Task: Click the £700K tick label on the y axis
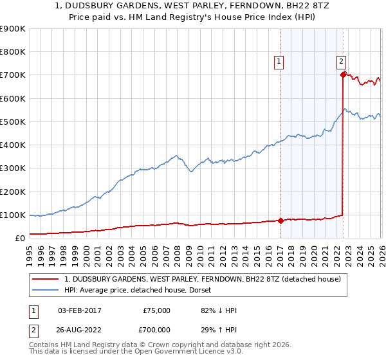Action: [x=12, y=75]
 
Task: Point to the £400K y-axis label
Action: [x=12, y=145]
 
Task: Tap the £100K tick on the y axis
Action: [x=12, y=215]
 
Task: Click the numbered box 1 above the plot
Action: [x=279, y=62]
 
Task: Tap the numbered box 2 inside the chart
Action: [x=340, y=62]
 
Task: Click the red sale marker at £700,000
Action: [x=344, y=75]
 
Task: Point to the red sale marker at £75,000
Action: [x=280, y=221]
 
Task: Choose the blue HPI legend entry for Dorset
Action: [x=142, y=290]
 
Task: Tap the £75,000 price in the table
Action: [x=156, y=310]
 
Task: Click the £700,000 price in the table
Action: [x=156, y=329]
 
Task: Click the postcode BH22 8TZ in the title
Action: [x=280, y=7]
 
